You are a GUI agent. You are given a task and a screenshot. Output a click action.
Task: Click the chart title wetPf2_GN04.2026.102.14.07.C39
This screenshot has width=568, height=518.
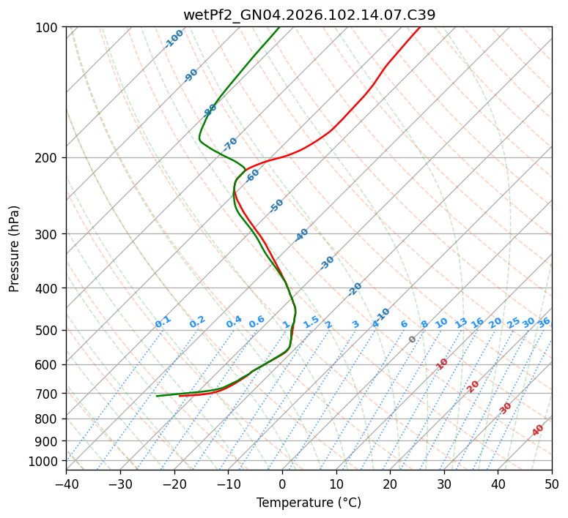pos(309,15)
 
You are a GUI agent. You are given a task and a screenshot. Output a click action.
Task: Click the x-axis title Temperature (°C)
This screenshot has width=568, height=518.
pos(309,503)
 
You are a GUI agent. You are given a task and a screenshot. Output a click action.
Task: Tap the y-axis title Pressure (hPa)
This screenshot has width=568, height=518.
pos(14,248)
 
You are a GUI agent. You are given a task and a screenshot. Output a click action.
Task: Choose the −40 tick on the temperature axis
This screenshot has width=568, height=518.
pos(66,484)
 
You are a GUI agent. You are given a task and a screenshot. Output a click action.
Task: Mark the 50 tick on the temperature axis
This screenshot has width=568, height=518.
pos(552,484)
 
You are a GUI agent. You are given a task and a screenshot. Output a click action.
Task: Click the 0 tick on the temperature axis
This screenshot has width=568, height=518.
pos(282,484)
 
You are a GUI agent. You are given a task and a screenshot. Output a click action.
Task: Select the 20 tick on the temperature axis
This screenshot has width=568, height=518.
pos(390,484)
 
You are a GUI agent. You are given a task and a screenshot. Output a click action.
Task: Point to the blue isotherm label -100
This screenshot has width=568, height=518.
pos(174,39)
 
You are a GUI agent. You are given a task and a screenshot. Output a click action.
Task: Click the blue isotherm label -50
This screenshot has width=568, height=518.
pos(276,206)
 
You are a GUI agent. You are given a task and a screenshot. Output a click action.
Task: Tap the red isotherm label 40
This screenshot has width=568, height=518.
pos(538,430)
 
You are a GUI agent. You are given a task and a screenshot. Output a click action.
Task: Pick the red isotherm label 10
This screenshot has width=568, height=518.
pos(442,364)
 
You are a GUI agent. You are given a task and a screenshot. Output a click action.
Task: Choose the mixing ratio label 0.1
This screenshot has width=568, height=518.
pos(163,321)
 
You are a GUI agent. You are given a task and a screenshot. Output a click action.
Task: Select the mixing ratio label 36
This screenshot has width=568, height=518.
pos(544,322)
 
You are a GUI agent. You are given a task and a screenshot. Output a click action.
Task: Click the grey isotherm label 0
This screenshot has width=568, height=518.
pos(413,339)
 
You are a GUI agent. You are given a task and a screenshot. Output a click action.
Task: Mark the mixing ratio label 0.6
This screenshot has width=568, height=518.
pos(257,322)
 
